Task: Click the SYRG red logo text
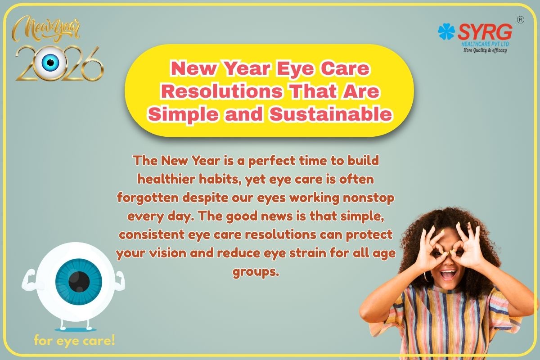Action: tap(485, 32)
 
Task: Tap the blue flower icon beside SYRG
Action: tap(446, 31)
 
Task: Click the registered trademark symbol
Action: tap(521, 20)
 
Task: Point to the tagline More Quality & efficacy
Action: tap(485, 50)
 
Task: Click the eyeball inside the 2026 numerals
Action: tap(50, 62)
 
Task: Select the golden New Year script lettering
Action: tap(46, 29)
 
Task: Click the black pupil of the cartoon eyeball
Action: tap(79, 281)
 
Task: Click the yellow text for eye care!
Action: tap(75, 341)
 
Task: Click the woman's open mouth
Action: tap(448, 275)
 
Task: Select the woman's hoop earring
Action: tap(427, 277)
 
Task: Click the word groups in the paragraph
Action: tap(256, 272)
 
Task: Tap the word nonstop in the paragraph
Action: tap(369, 198)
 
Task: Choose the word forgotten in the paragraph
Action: tap(148, 198)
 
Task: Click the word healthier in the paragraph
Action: tap(166, 179)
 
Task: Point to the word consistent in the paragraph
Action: tap(152, 234)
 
